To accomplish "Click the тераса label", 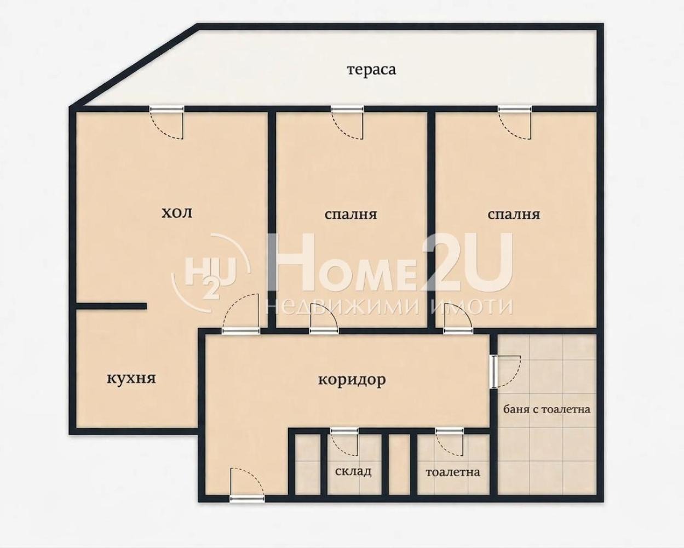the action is (371, 70).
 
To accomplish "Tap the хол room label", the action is (177, 212).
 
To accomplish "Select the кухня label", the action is (131, 379).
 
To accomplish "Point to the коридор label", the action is (352, 380).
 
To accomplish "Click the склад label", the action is (353, 471).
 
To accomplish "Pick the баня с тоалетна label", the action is (547, 409).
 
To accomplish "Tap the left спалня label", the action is (350, 214).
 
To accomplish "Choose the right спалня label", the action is (514, 214).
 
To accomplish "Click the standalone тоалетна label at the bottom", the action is (452, 472).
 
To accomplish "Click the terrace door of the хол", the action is (167, 122).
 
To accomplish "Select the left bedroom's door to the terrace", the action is (347, 122).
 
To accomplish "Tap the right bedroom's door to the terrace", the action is (515, 122).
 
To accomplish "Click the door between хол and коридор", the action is (241, 313).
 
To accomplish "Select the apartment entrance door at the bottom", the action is (248, 485).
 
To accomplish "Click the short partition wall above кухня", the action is (111, 306).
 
